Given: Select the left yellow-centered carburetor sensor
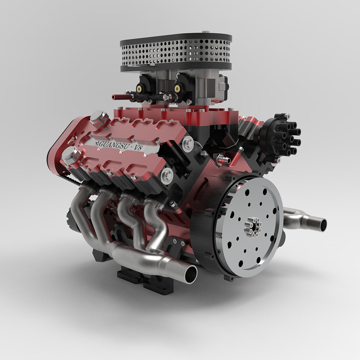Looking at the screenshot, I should click(x=139, y=88).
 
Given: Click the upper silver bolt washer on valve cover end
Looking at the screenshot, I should click(x=188, y=143).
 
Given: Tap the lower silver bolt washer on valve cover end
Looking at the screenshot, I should click(x=167, y=175).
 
